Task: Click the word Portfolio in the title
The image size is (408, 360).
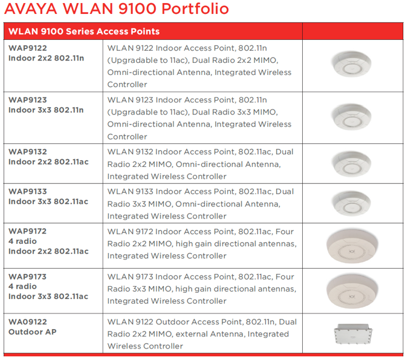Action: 195,8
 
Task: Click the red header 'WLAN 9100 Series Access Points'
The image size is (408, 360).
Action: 84,31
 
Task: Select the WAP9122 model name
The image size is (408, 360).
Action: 28,48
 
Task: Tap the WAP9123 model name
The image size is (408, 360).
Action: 28,100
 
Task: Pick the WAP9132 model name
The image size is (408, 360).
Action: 28,152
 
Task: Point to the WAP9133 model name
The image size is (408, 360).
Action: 28,191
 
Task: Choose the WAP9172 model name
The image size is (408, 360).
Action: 27,231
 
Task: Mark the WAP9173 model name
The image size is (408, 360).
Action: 27,277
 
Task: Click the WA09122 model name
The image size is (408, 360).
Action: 28,322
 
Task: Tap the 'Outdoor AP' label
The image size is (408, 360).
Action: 32,332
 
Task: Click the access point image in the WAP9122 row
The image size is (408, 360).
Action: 351,64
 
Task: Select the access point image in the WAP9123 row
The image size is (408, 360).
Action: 351,117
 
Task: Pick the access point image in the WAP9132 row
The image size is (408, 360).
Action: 352,164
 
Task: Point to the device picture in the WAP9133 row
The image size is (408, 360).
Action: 352,203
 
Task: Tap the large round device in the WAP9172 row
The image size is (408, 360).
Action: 352,246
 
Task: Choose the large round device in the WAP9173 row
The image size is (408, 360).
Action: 352,291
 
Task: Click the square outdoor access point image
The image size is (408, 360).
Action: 353,334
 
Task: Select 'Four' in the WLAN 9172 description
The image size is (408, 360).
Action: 285,232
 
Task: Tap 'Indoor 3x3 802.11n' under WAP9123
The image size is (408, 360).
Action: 46,110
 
